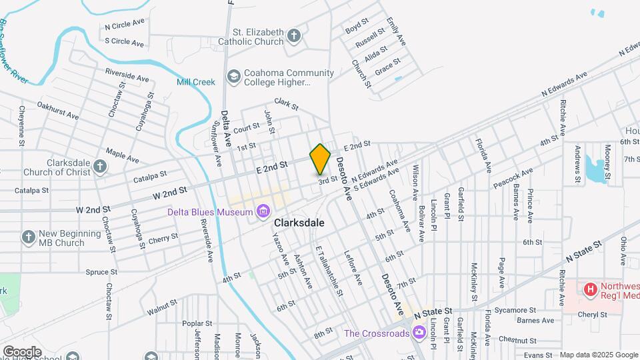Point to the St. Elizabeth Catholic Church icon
point(295,36)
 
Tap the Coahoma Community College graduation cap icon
point(233,77)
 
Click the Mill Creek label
point(195,82)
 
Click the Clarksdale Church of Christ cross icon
point(100,167)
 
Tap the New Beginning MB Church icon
point(28,237)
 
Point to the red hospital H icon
point(589,289)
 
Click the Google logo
point(22,351)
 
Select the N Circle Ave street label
point(125,27)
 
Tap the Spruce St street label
point(101,272)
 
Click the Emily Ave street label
point(400,31)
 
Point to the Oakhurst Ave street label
point(57,110)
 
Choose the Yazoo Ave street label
point(280,247)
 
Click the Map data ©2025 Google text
point(599,355)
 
